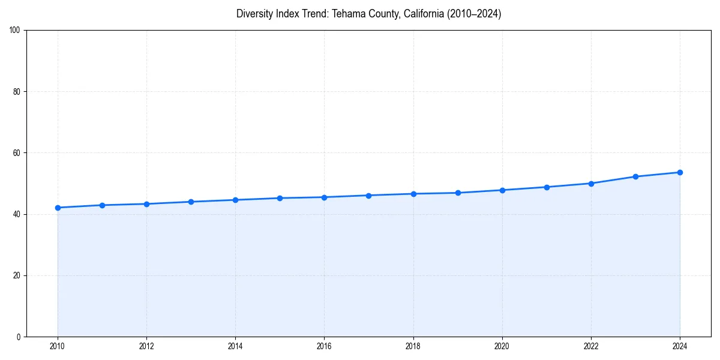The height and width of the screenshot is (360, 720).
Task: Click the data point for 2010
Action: pos(58,208)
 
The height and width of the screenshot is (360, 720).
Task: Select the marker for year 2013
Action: pos(191,202)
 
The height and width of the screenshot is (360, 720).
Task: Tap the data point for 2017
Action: pos(368,196)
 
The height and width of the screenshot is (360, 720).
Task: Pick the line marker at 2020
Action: pos(502,190)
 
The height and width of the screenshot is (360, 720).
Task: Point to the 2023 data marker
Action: pos(635,176)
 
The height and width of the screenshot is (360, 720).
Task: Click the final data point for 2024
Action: pos(680,172)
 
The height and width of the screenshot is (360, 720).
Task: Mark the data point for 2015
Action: pos(280,198)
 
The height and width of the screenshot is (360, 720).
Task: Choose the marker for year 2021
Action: pos(547,187)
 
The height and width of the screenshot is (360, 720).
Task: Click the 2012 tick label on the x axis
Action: pos(146,346)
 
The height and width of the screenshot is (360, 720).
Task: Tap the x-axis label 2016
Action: pos(324,346)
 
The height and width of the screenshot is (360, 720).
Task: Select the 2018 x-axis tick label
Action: pos(413,346)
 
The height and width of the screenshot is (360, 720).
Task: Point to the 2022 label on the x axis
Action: pos(591,346)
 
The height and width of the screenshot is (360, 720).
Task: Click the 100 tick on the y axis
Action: pos(15,30)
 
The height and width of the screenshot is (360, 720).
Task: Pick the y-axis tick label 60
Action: pos(17,153)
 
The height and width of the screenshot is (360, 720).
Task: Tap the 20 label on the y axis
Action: pos(17,275)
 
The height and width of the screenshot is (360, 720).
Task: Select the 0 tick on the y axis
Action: pos(19,337)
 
